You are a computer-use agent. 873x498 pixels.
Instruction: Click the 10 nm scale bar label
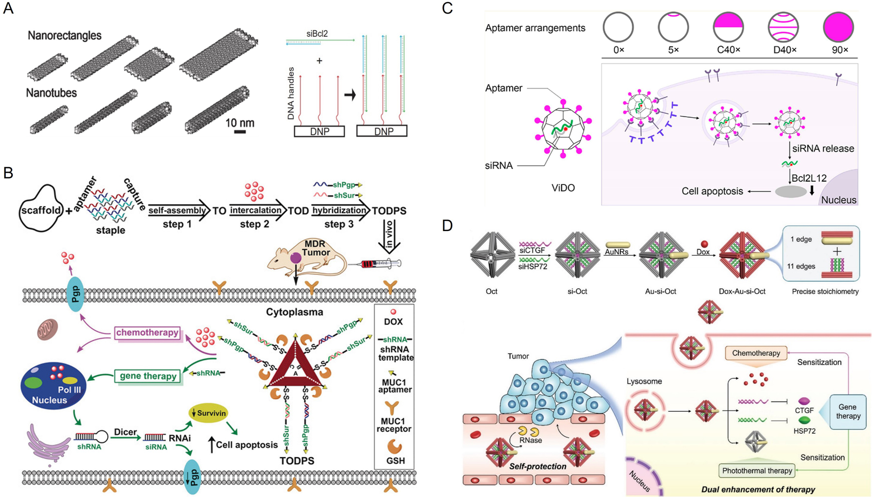pyautogui.click(x=239, y=123)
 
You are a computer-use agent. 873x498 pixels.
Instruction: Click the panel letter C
pyautogui.click(x=447, y=8)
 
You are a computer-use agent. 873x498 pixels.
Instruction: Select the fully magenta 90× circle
pyautogui.click(x=839, y=27)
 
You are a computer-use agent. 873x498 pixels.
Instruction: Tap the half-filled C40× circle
pyautogui.click(x=728, y=27)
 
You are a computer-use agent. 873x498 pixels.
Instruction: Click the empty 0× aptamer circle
pyautogui.click(x=618, y=27)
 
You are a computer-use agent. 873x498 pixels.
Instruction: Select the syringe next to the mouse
pyautogui.click(x=381, y=264)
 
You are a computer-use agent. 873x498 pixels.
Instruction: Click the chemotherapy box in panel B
pyautogui.click(x=147, y=333)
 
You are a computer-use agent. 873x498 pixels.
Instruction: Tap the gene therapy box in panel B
pyautogui.click(x=148, y=376)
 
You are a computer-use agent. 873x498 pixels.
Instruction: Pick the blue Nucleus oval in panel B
pyautogui.click(x=53, y=386)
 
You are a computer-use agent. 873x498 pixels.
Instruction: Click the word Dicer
pyautogui.click(x=125, y=432)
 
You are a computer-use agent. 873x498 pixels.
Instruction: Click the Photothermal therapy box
pyautogui.click(x=757, y=470)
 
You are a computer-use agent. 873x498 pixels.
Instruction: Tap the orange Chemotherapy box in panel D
pyautogui.click(x=756, y=353)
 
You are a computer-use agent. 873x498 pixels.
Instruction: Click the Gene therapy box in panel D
pyautogui.click(x=848, y=411)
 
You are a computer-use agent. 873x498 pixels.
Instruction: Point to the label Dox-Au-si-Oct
pyautogui.click(x=742, y=292)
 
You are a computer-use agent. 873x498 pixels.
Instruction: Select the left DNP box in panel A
pyautogui.click(x=319, y=131)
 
